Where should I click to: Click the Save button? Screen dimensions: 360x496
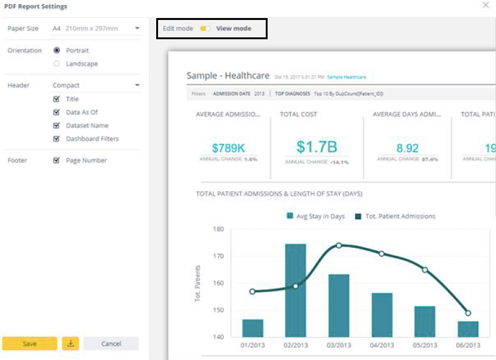click(x=29, y=344)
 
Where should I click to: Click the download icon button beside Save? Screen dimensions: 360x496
click(x=70, y=344)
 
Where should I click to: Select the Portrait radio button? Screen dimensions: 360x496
click(x=57, y=50)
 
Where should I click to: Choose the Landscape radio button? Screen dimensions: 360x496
click(x=57, y=64)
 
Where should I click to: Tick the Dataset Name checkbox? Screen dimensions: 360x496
click(x=57, y=126)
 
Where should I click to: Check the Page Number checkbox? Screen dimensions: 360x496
click(x=57, y=161)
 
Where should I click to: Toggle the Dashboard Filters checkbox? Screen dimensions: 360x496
click(x=57, y=139)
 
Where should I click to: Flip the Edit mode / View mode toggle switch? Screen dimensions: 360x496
click(x=205, y=29)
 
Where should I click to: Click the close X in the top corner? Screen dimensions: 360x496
click(x=485, y=6)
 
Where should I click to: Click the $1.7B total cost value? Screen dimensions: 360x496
click(x=317, y=147)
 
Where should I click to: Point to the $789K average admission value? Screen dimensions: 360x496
click(x=228, y=148)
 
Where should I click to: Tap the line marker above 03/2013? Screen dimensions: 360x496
click(x=339, y=245)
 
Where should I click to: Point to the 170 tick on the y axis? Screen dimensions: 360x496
click(x=218, y=256)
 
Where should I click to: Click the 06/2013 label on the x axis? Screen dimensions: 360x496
click(x=468, y=345)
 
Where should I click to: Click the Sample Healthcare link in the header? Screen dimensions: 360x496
click(x=347, y=77)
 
